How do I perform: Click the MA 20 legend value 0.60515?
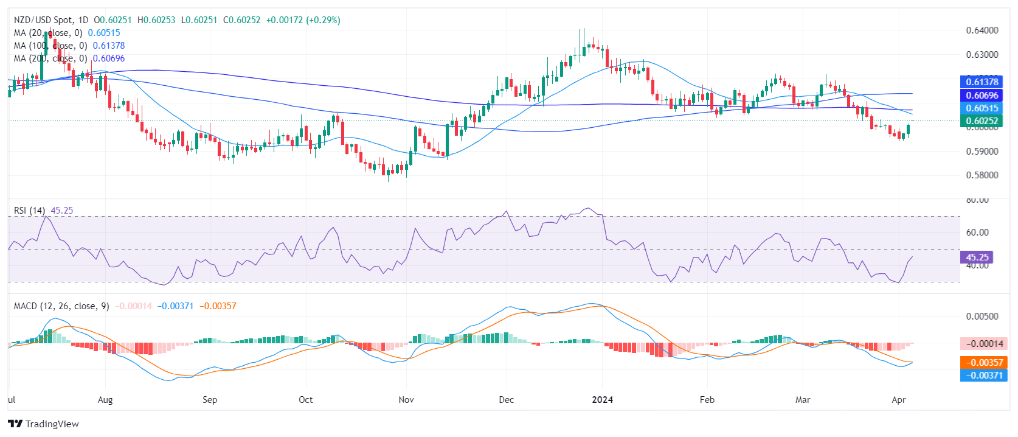pos(104,33)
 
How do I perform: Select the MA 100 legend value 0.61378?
pos(108,46)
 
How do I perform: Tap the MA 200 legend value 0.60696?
pos(108,58)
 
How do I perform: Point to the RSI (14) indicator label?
pos(29,211)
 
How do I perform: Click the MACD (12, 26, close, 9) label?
pos(61,306)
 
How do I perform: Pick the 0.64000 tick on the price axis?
pos(982,30)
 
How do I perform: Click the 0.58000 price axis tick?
pos(982,175)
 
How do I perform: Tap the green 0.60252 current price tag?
pos(982,121)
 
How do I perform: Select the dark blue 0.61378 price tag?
pos(982,82)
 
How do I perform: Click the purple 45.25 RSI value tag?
pos(977,257)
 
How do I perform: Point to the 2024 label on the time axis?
pos(602,400)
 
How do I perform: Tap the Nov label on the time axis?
pos(406,400)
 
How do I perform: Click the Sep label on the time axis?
pos(210,400)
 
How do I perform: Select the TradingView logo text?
pos(52,424)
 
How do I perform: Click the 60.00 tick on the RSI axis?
pos(977,232)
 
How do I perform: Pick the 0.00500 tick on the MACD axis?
pos(982,316)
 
